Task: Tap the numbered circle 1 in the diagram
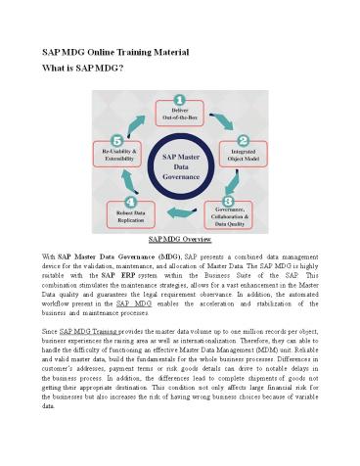coord(178,98)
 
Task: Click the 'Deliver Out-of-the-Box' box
coord(178,114)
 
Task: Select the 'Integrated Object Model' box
coord(238,157)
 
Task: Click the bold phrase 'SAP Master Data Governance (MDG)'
coord(111,255)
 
